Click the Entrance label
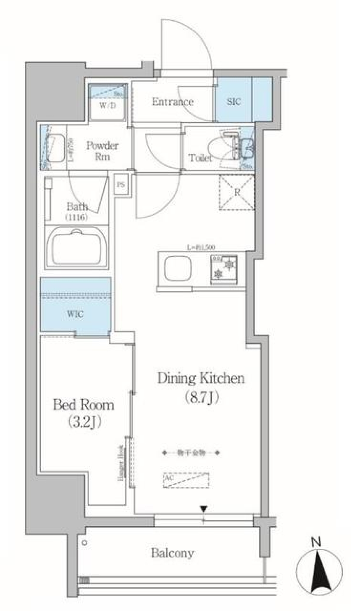pos(172,102)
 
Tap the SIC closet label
pos(234,102)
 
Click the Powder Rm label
pos(102,151)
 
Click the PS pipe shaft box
pos(120,184)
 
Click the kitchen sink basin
pos(178,268)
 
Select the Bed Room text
pos(84,405)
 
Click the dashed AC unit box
pos(186,481)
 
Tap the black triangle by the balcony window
pos(204,509)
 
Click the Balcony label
pos(172,553)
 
